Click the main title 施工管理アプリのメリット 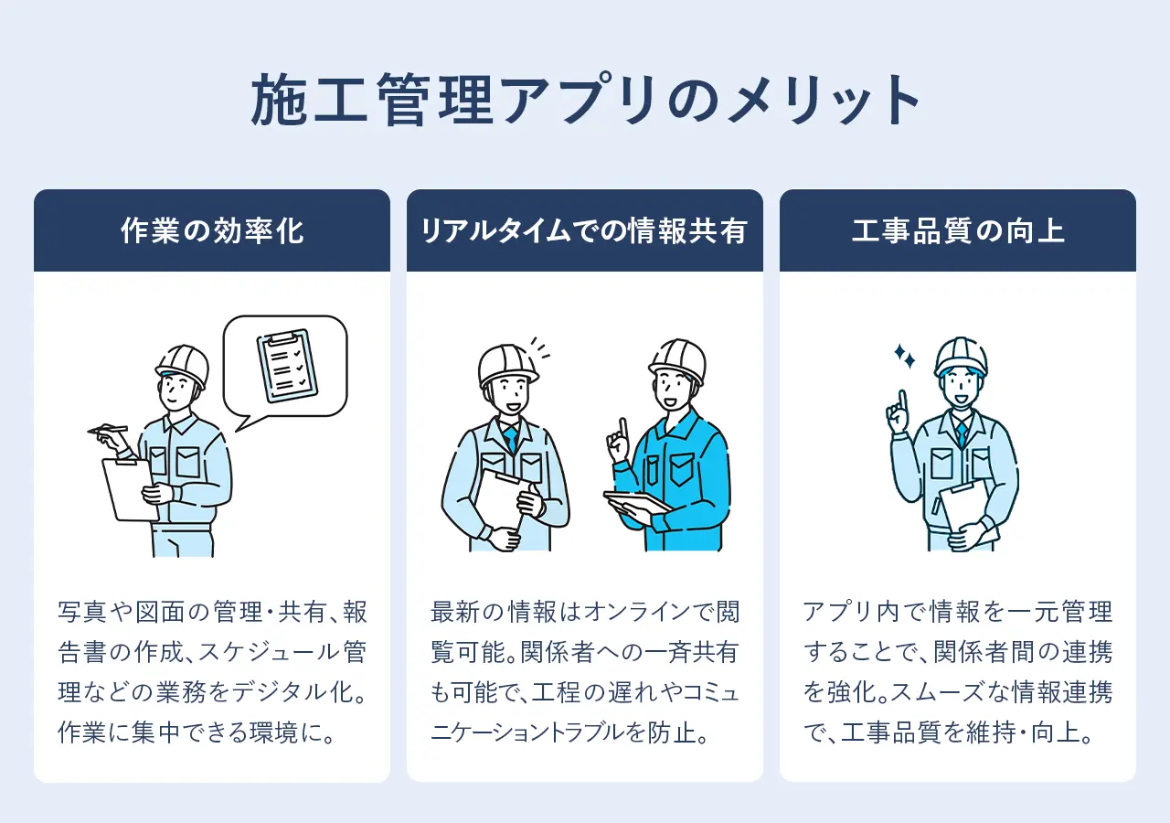[x=585, y=101]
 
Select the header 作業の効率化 [x=212, y=231]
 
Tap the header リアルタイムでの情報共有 [x=585, y=231]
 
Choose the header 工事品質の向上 [x=957, y=231]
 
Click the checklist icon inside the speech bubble [x=287, y=365]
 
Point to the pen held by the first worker [x=109, y=429]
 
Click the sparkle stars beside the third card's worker [x=904, y=357]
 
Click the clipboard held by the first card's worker [x=128, y=488]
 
